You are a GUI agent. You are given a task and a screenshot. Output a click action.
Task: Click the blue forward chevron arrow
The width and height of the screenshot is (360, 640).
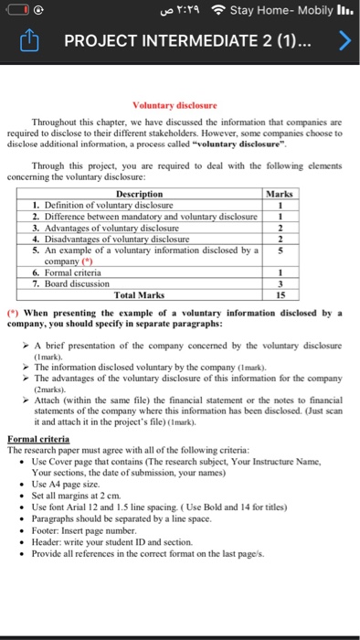click(x=344, y=41)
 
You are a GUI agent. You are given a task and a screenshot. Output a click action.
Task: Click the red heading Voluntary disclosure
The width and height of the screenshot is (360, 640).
click(x=175, y=105)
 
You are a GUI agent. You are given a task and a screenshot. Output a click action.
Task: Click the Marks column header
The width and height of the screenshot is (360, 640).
click(x=277, y=194)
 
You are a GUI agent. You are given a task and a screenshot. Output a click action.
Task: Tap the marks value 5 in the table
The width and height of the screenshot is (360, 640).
click(x=277, y=249)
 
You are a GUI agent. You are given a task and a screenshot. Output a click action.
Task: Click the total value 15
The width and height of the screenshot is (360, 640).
click(x=277, y=294)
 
